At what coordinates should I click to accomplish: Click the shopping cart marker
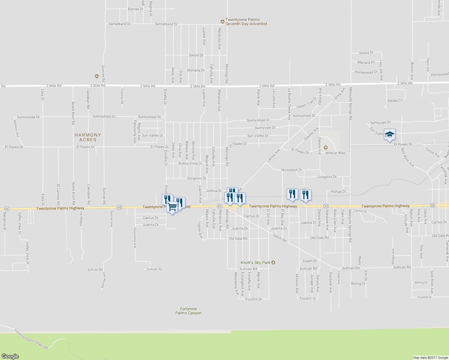coord(172,207)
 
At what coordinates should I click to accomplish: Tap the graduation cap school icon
coord(390,134)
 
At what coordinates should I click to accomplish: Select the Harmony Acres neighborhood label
coord(88,137)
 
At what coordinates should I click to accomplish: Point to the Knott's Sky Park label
coord(256,262)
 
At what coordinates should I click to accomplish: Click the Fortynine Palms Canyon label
coord(188,311)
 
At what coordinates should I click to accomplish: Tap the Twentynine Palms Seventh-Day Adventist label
coord(247,22)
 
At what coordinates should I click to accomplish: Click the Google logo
coord(10,356)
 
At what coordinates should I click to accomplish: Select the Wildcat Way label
coord(335,153)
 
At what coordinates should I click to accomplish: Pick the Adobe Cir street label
coord(395,101)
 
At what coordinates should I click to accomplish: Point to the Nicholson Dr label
coord(292,170)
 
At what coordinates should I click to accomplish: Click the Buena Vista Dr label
coord(190,163)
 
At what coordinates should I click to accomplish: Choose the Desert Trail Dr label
coord(306,103)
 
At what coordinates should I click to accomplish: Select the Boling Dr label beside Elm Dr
coord(358,283)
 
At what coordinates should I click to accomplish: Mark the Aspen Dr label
coord(310,261)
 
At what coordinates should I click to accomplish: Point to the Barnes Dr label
coord(135,9)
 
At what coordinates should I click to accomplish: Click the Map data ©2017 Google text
coord(430,358)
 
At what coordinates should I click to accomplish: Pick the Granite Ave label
coord(311,134)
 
